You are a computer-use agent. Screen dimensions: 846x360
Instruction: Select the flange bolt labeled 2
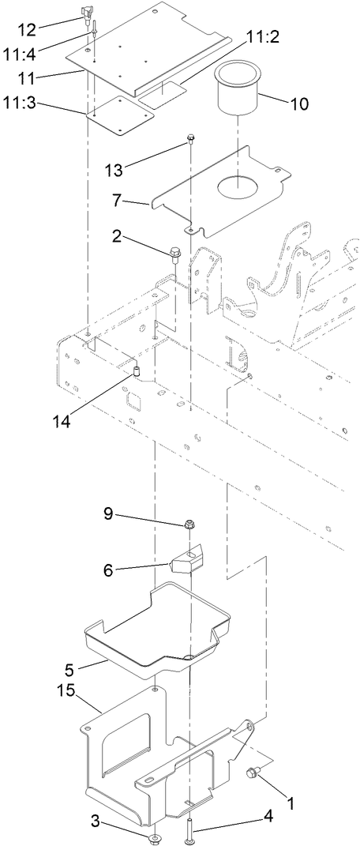[x=175, y=254]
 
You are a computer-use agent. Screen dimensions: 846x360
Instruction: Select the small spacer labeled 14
[x=135, y=371]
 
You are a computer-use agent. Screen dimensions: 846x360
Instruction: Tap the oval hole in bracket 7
[x=236, y=187]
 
